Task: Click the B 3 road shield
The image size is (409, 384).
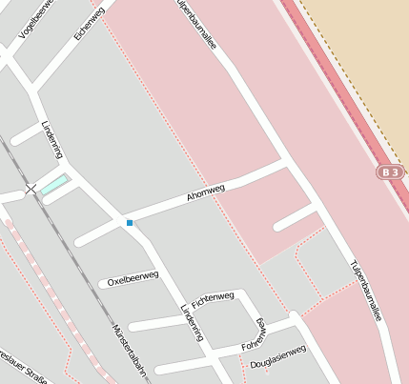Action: (x=389, y=172)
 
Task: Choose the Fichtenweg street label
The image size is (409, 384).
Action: (x=213, y=299)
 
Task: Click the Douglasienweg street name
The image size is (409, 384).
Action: (x=277, y=357)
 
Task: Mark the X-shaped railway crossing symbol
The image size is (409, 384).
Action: (x=31, y=190)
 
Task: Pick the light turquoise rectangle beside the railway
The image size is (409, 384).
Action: (x=54, y=184)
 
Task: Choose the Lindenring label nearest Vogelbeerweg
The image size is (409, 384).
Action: (x=51, y=140)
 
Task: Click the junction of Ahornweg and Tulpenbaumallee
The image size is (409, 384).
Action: (x=287, y=164)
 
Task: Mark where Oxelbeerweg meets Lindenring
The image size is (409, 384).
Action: (x=154, y=270)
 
